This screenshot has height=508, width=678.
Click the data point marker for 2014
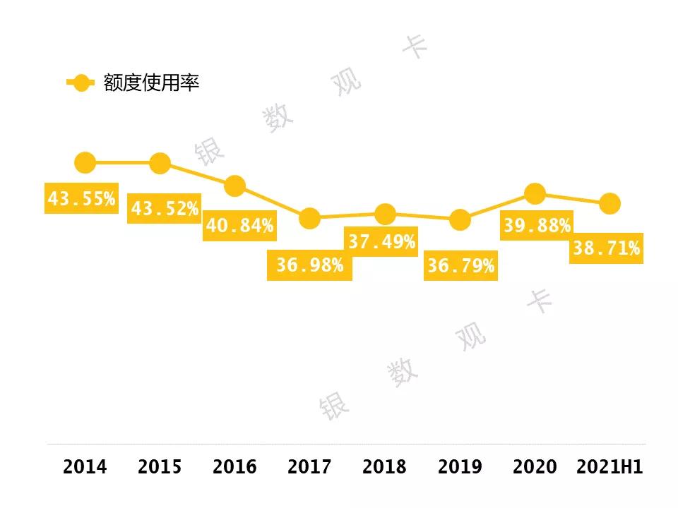tap(85, 163)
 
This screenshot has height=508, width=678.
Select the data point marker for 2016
tap(234, 186)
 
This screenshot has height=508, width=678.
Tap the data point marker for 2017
tap(309, 218)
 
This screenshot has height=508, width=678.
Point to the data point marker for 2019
tap(460, 219)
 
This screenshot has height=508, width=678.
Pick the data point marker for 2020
tap(535, 193)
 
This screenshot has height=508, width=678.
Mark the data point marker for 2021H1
tap(609, 204)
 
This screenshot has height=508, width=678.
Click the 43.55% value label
tap(81, 199)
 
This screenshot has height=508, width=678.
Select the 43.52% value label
tap(165, 209)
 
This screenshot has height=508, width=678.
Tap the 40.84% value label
tap(239, 226)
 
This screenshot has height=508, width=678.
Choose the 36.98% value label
tap(309, 265)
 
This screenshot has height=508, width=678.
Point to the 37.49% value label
tap(381, 243)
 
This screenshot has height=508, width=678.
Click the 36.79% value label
tap(460, 267)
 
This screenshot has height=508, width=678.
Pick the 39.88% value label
tap(537, 226)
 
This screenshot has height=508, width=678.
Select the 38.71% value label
tap(606, 248)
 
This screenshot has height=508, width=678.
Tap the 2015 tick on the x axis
tap(160, 467)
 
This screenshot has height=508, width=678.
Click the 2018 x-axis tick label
tap(384, 467)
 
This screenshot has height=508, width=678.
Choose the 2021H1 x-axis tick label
tap(609, 467)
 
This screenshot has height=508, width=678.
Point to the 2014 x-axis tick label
tap(85, 467)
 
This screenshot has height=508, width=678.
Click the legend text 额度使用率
tap(151, 83)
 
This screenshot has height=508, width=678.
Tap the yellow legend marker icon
tap(81, 83)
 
